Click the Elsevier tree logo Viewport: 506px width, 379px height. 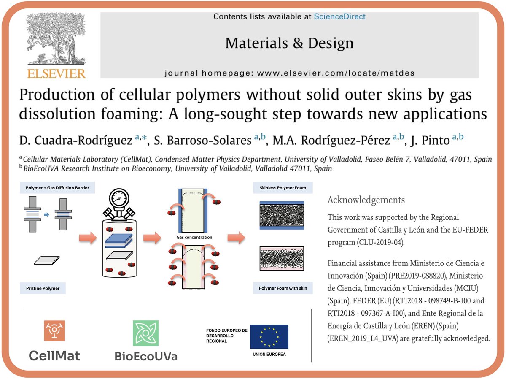tap(56, 40)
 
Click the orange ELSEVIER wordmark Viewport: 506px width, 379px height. tap(56, 73)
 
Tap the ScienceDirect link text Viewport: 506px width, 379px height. tap(339, 17)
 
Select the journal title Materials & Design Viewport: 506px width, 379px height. tap(289, 43)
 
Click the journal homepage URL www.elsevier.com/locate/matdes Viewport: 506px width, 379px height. tap(336, 73)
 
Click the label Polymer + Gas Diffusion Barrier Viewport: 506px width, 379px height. tap(55, 188)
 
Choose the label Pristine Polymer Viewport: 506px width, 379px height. tap(40, 288)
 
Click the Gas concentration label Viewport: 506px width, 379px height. tap(194, 237)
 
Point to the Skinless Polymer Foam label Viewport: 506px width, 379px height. tap(283, 188)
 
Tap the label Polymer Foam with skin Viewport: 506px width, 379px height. tap(283, 288)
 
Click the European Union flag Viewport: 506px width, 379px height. tap(269, 336)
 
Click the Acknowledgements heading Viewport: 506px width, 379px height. tap(366, 200)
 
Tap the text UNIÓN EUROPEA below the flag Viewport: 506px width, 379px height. tap(269, 354)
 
